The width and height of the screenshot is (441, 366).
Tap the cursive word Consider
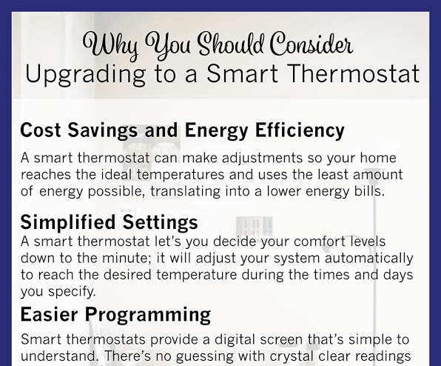pyautogui.click(x=309, y=45)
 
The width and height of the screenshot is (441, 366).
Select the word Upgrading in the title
pyautogui.click(x=81, y=74)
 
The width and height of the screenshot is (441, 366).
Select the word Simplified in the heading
pyautogui.click(x=67, y=222)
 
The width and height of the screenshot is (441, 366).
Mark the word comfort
pyautogui.click(x=289, y=242)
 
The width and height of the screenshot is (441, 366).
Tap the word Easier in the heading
pyautogui.click(x=51, y=315)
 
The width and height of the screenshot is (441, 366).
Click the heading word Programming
pyautogui.click(x=149, y=315)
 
